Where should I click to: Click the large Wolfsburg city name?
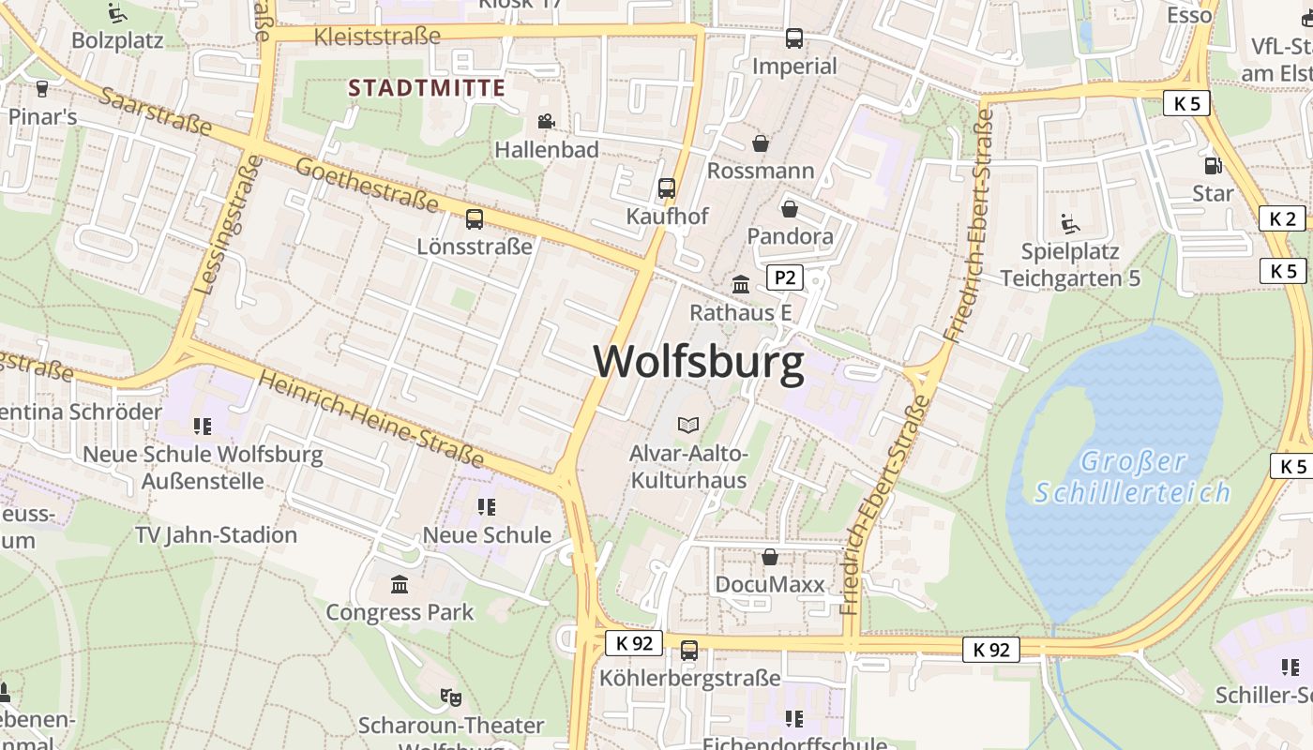point(699,362)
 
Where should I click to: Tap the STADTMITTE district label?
point(427,89)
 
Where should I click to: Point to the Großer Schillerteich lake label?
point(1132,476)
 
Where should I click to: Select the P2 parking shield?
point(785,277)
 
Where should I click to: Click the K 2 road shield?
point(1281,219)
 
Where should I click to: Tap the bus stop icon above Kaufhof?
point(667,188)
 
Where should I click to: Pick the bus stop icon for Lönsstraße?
point(475,219)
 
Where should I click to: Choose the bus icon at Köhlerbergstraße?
point(689,650)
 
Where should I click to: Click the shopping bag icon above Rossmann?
point(761,143)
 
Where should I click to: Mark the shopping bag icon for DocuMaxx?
point(770,557)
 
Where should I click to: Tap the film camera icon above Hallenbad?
point(546,121)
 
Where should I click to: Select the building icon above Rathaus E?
point(741,284)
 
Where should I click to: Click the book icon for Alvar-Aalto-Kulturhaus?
point(688,426)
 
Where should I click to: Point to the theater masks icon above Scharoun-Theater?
point(451,697)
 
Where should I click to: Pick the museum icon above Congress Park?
point(400,585)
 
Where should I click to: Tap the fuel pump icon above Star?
point(1213,166)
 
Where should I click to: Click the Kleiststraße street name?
point(377,37)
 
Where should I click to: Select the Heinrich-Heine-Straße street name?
point(371,418)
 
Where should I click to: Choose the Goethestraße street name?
point(367,185)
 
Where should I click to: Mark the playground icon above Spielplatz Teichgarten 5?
point(1070,224)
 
